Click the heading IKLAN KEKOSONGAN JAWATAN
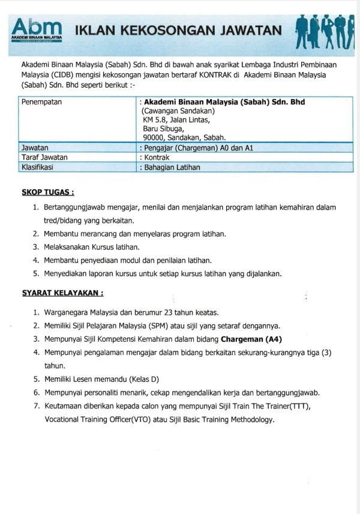coord(177,30)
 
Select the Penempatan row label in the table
coord(42,102)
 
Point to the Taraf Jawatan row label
coord(44,157)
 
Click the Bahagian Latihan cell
coord(171,168)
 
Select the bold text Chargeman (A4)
coord(251,339)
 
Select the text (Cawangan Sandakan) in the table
coord(178,111)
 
